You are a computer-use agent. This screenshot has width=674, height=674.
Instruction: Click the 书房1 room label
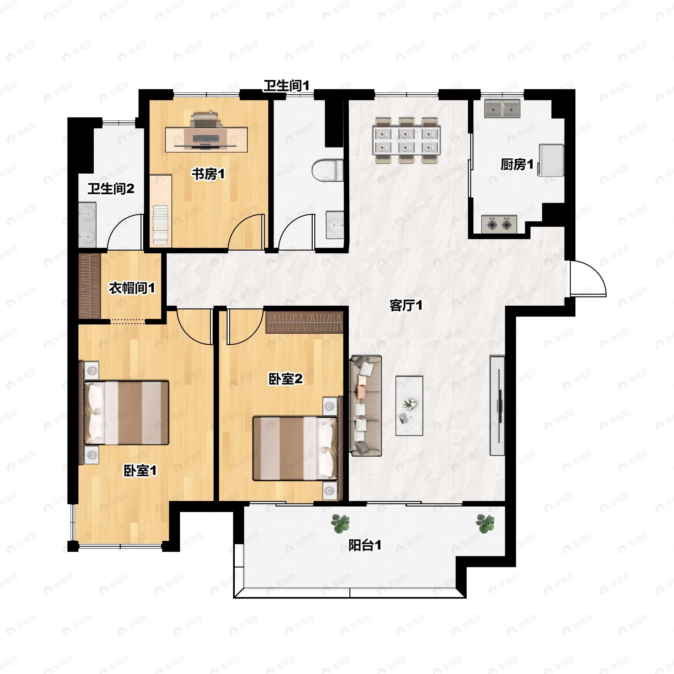(x=208, y=174)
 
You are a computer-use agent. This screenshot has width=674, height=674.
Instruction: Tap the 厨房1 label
(x=517, y=164)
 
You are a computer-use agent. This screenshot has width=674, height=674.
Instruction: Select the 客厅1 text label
(x=406, y=305)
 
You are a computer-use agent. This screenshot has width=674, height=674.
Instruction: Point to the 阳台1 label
(x=365, y=545)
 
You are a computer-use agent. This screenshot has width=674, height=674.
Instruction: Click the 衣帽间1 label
(x=132, y=288)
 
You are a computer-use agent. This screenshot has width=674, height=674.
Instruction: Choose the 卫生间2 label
(x=111, y=189)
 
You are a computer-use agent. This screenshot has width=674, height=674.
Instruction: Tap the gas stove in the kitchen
(x=499, y=224)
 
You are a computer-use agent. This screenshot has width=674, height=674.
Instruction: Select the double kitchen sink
(x=502, y=109)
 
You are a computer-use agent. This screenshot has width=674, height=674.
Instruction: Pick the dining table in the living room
(x=406, y=140)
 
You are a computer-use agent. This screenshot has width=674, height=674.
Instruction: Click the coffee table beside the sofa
(x=409, y=406)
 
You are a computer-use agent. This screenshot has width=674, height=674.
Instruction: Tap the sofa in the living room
(x=366, y=406)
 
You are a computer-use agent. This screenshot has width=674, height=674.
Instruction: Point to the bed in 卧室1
(x=126, y=413)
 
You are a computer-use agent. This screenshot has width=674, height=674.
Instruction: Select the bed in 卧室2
(x=295, y=448)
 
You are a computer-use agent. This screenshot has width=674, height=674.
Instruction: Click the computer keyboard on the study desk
(x=206, y=138)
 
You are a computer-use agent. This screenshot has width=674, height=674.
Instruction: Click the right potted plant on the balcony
(x=485, y=523)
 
